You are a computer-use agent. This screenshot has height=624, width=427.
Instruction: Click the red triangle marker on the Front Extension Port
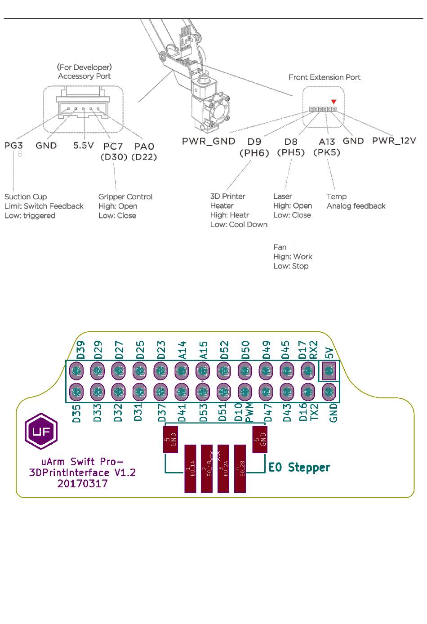(333, 102)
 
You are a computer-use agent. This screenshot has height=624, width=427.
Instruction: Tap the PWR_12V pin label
(394, 141)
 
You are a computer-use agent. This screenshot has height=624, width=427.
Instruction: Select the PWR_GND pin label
(209, 141)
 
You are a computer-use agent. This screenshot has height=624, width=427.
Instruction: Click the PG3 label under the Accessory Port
(13, 145)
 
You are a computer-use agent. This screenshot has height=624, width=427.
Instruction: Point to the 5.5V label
(84, 145)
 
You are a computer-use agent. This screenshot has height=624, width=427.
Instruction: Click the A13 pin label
(327, 141)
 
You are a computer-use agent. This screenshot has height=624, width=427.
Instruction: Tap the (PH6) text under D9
(254, 153)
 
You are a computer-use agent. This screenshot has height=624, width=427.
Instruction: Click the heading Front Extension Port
(324, 77)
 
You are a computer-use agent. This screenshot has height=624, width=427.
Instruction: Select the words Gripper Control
(125, 197)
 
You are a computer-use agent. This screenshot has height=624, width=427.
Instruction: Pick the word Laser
(283, 196)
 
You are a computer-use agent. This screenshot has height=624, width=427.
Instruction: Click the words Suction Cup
(26, 197)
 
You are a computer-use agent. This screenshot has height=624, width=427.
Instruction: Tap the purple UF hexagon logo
(41, 431)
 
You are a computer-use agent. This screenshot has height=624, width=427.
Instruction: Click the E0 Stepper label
(299, 468)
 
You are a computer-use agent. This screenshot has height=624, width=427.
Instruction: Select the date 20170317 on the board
(82, 484)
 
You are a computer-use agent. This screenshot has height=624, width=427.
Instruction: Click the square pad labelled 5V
(329, 371)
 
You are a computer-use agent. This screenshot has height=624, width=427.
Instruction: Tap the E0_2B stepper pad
(240, 468)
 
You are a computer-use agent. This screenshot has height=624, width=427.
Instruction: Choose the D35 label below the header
(77, 413)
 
